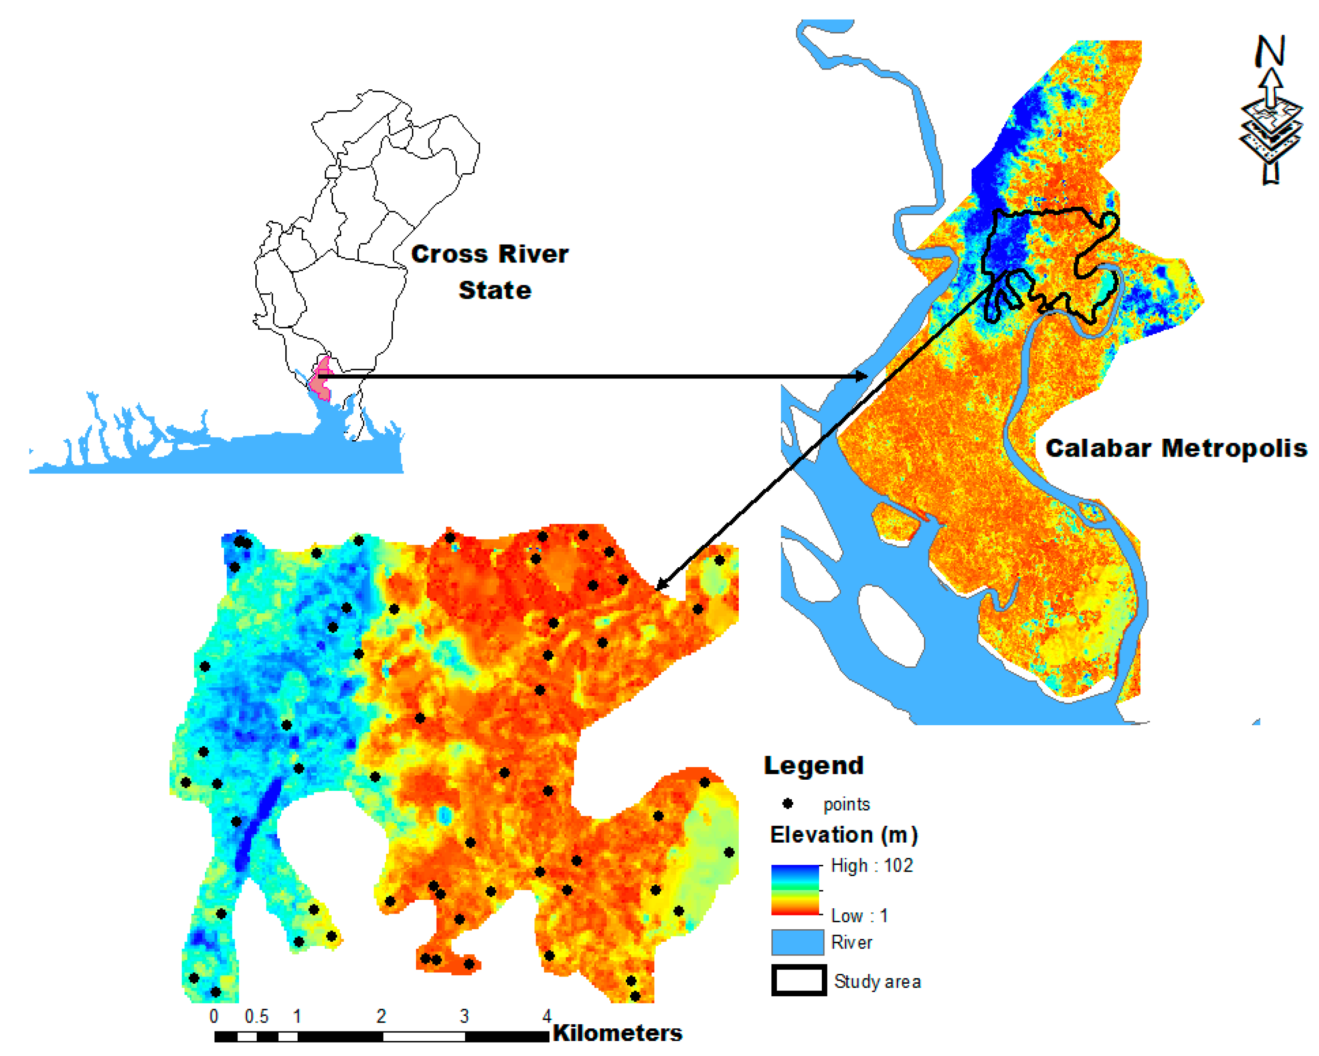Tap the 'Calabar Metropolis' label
pos(1176,449)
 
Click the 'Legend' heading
pos(814,765)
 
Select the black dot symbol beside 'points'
pos(788,803)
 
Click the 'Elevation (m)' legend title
pos(844,835)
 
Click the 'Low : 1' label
pos(859,915)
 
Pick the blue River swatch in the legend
pos(797,942)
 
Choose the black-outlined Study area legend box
pos(799,980)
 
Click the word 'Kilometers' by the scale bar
pos(617,1033)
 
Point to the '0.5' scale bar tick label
pos(256,1016)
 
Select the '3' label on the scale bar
pos(464,1016)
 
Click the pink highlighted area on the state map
pos(320,379)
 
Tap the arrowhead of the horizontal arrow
pos(861,376)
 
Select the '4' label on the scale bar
pos(547,1016)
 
